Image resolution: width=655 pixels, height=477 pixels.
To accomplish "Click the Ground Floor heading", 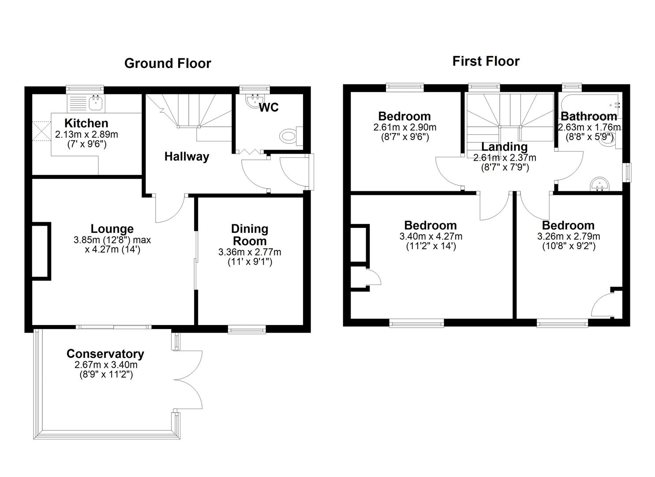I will [x=168, y=64].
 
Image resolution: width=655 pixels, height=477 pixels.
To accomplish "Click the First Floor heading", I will [x=486, y=61].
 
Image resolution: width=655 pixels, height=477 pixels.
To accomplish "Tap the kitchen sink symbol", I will [x=95, y=103].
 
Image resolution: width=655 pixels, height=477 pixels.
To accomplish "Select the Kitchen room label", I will [x=86, y=123].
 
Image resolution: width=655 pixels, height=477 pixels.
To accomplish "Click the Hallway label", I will [x=187, y=157].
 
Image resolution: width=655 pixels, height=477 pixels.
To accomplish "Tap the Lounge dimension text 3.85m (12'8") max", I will [x=112, y=240].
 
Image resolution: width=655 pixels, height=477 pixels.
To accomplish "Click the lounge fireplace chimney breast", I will [x=41, y=251].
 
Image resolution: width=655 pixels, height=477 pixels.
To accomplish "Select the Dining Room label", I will [x=250, y=235].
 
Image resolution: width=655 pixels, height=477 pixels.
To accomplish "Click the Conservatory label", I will [x=105, y=354].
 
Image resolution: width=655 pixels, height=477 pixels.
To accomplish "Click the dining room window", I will [x=247, y=329].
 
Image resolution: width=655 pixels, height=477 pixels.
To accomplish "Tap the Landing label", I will [x=504, y=147].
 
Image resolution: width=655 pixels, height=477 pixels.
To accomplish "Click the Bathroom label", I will [x=588, y=117].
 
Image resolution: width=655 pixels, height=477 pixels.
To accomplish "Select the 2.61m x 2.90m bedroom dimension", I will [x=404, y=128].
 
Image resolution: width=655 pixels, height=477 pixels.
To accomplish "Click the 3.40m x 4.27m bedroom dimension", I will [x=430, y=237].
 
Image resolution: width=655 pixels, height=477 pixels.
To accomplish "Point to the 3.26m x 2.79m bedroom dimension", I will [x=568, y=237].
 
